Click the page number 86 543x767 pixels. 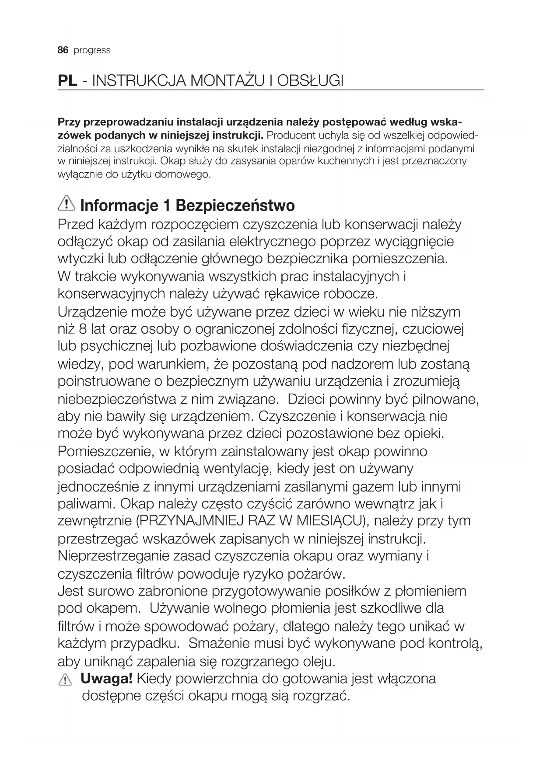pos(63,50)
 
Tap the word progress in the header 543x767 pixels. pos(92,51)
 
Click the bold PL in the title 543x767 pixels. pos(68,81)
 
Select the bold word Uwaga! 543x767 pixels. pos(107,679)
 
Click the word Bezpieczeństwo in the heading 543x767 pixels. pos(235,205)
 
